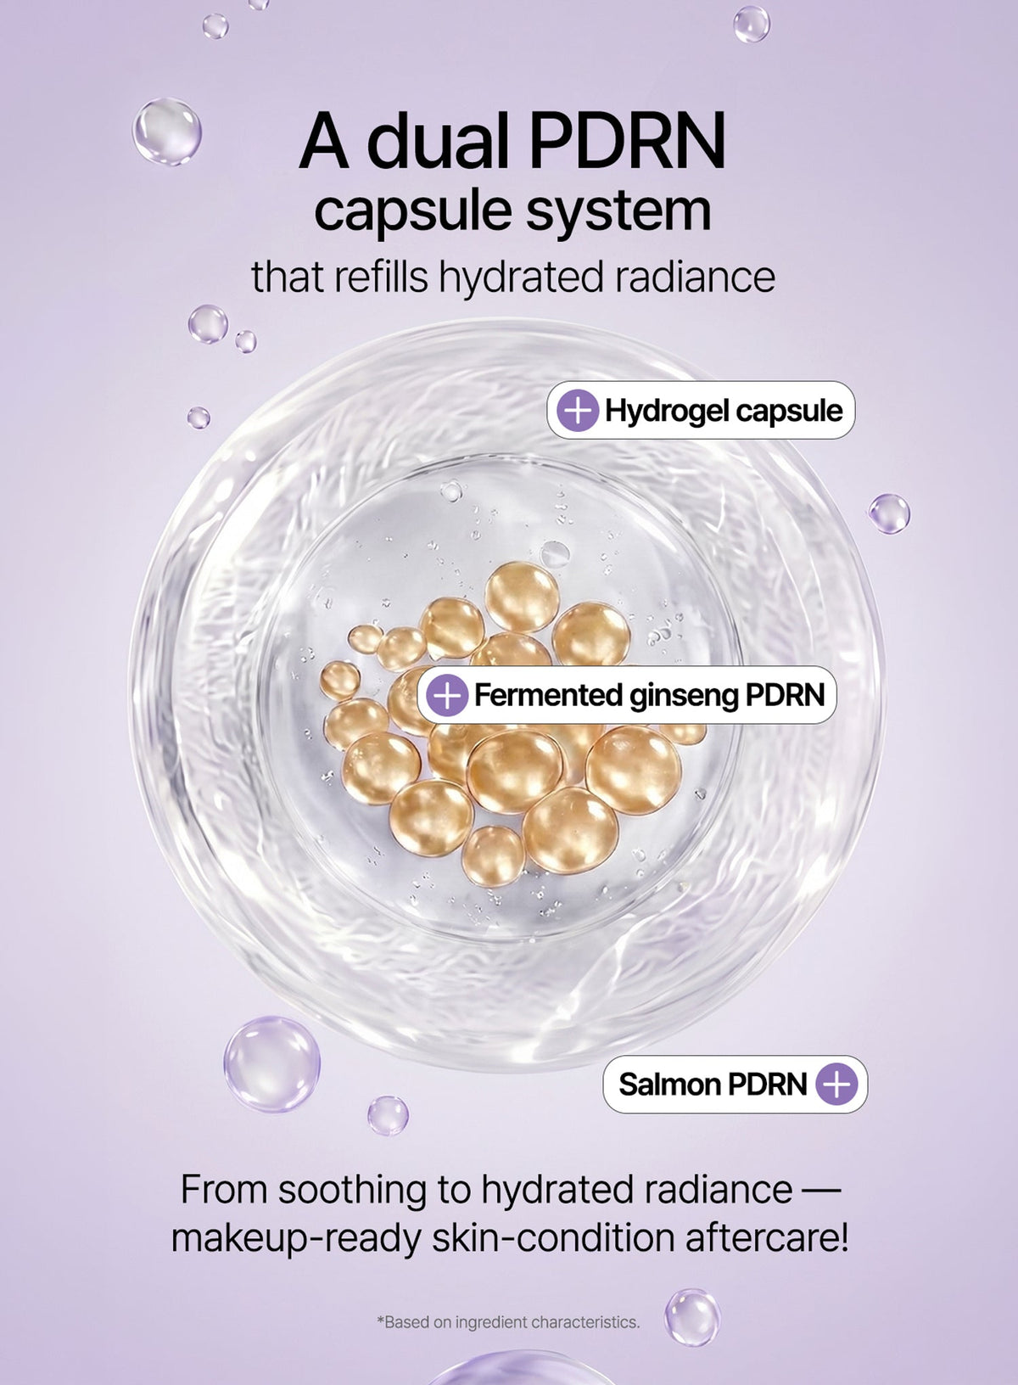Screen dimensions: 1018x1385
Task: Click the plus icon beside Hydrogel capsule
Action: tap(578, 410)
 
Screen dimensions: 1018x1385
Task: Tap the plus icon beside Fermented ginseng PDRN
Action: tap(447, 695)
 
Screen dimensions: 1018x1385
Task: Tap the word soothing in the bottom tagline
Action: tap(352, 1190)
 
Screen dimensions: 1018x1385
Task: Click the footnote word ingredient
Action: tap(491, 1322)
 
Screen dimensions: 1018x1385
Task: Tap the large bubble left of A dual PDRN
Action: tap(167, 131)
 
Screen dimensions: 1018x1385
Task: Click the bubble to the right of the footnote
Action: tap(692, 1317)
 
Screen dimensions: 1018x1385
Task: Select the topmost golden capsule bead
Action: tap(522, 597)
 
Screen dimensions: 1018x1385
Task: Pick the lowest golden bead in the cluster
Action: tap(493, 855)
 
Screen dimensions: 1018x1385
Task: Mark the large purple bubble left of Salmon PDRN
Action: tap(272, 1064)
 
